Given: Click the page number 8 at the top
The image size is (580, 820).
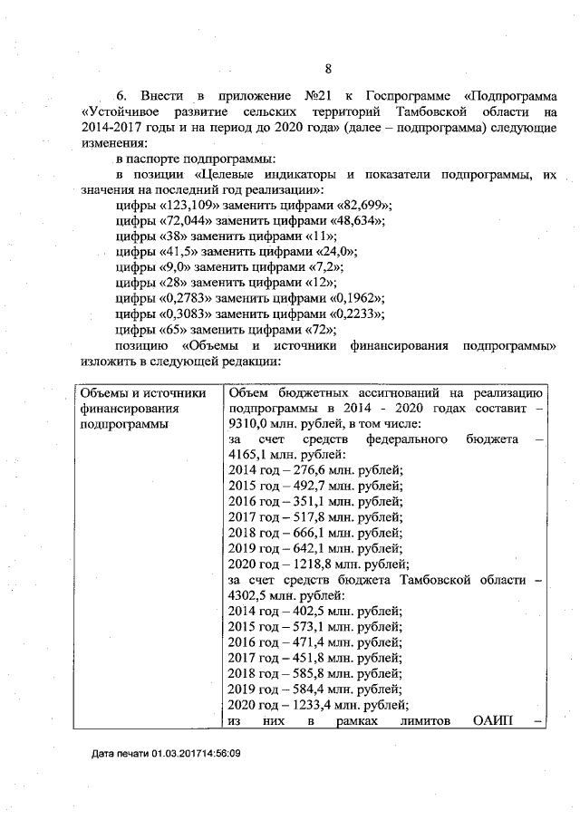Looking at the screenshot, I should point(328,69).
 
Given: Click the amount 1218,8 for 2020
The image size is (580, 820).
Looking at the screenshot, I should point(318,562).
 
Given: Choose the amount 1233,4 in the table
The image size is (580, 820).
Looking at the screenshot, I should point(318,702).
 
